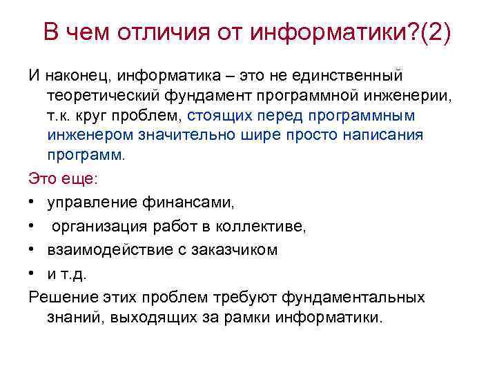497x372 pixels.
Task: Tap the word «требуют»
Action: pyautogui.click(x=251, y=297)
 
